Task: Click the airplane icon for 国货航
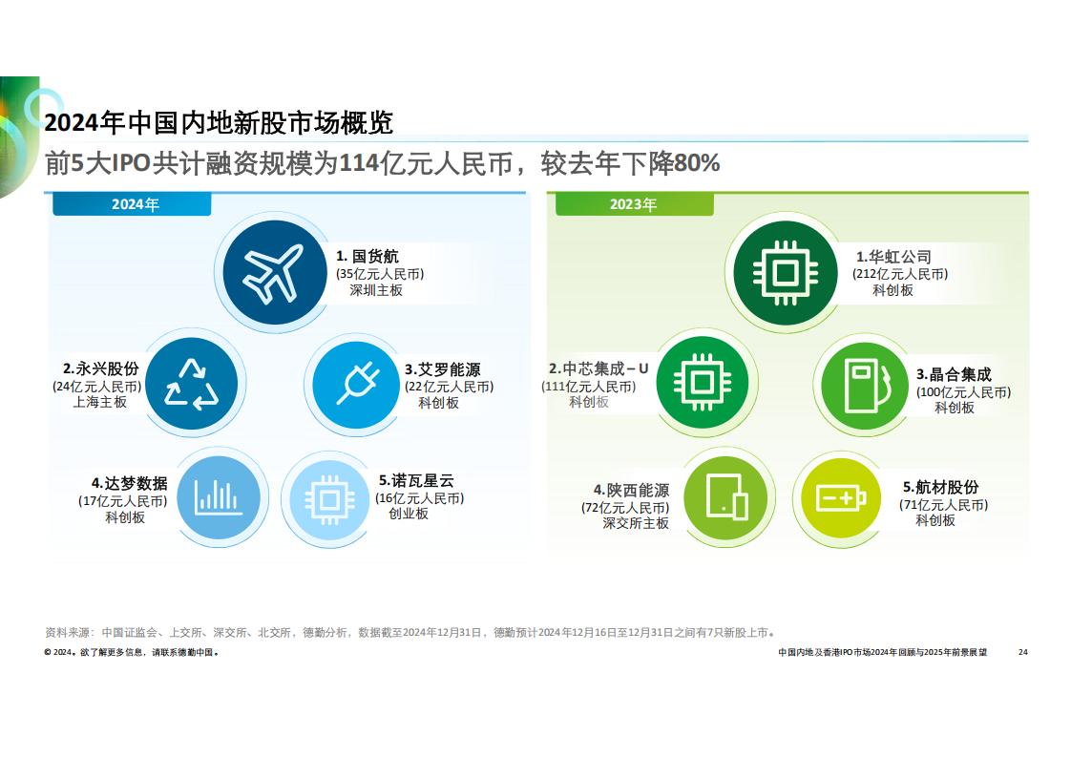pyautogui.click(x=273, y=273)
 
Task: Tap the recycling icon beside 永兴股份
pyautogui.click(x=192, y=384)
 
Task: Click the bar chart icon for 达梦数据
pyautogui.click(x=218, y=497)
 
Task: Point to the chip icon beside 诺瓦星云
pyautogui.click(x=330, y=499)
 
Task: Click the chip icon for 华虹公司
pyautogui.click(x=785, y=273)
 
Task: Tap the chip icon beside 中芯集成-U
pyautogui.click(x=703, y=383)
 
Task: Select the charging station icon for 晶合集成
pyautogui.click(x=867, y=386)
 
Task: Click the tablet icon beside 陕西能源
pyautogui.click(x=728, y=496)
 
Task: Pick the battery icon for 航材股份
pyautogui.click(x=841, y=498)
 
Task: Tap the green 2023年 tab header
pyautogui.click(x=634, y=204)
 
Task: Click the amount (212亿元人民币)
pyautogui.click(x=899, y=274)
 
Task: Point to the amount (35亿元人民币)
pyautogui.click(x=380, y=274)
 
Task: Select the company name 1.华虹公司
pyautogui.click(x=894, y=257)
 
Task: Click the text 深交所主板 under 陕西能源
pyautogui.click(x=635, y=523)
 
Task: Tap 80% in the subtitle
pyautogui.click(x=697, y=163)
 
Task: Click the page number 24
pyautogui.click(x=1022, y=652)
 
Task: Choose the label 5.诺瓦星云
pyautogui.click(x=416, y=481)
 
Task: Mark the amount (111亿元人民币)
pyautogui.click(x=589, y=386)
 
